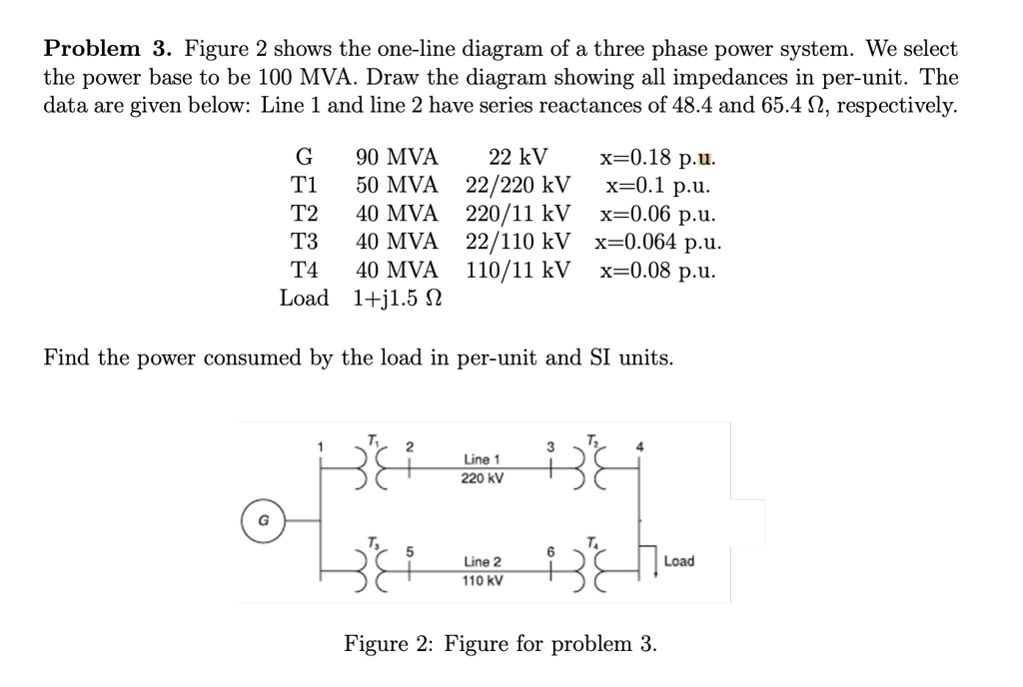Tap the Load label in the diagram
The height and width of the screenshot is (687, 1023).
click(x=678, y=561)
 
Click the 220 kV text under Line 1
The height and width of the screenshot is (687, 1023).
click(x=482, y=478)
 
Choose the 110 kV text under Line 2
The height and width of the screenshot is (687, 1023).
click(x=482, y=580)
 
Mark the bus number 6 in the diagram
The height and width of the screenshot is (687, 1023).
click(x=548, y=551)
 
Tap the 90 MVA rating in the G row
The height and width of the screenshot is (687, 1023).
click(x=397, y=157)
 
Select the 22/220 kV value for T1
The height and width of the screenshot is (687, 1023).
click(x=518, y=186)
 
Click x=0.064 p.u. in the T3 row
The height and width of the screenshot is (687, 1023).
click(x=658, y=242)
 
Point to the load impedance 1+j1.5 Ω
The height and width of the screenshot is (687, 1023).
click(x=398, y=299)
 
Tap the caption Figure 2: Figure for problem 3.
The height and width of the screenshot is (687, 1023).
click(x=501, y=644)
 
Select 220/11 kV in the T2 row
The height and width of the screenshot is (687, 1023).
click(x=518, y=214)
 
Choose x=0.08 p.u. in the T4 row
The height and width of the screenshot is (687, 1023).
click(x=658, y=270)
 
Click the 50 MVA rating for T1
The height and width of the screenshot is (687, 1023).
click(x=397, y=186)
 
